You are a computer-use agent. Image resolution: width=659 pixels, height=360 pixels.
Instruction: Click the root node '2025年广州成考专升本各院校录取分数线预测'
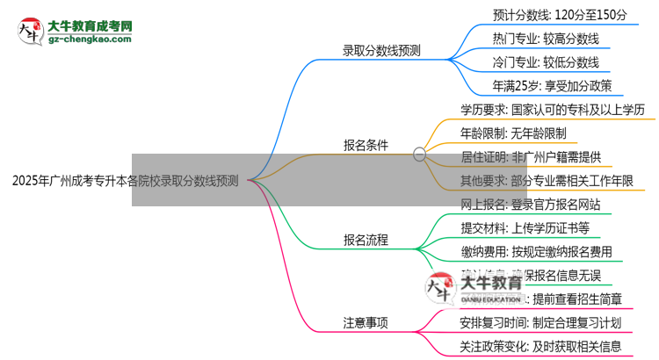pos(125,181)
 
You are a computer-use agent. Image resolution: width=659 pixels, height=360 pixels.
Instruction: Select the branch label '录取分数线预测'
pos(381,50)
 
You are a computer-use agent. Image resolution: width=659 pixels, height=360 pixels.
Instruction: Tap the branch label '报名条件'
pos(366,145)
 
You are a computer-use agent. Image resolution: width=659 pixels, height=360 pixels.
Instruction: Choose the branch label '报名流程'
pos(366,239)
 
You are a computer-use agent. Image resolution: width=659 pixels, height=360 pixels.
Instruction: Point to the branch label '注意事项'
pos(366,322)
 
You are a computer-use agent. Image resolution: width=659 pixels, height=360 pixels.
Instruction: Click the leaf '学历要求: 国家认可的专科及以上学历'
pos(553,110)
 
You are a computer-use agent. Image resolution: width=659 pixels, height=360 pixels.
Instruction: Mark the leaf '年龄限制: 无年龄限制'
pos(513,133)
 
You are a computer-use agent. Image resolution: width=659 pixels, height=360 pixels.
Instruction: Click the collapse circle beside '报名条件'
pos(419,153)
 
